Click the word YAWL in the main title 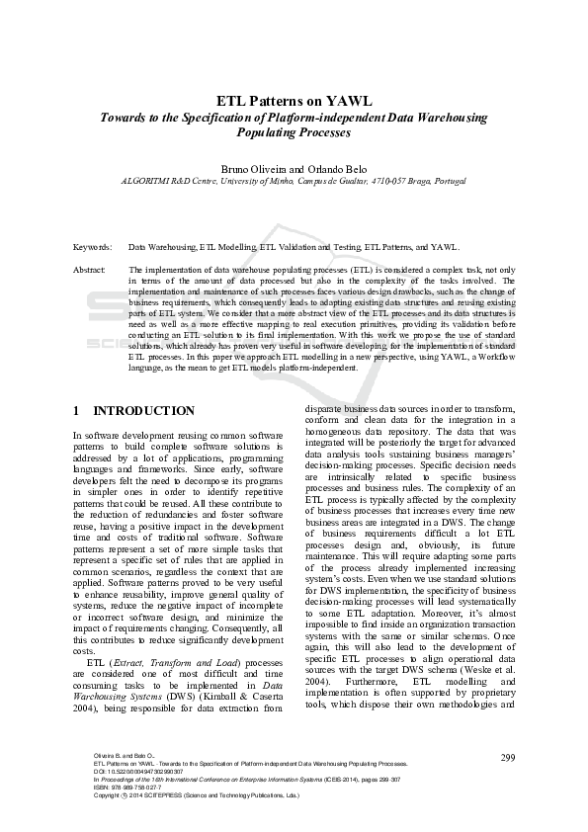pyautogui.click(x=351, y=101)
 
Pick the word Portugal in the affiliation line pyautogui.click(x=451, y=181)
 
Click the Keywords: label pyautogui.click(x=93, y=247)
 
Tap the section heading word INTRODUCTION pyautogui.click(x=143, y=410)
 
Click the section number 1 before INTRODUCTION pyautogui.click(x=77, y=410)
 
